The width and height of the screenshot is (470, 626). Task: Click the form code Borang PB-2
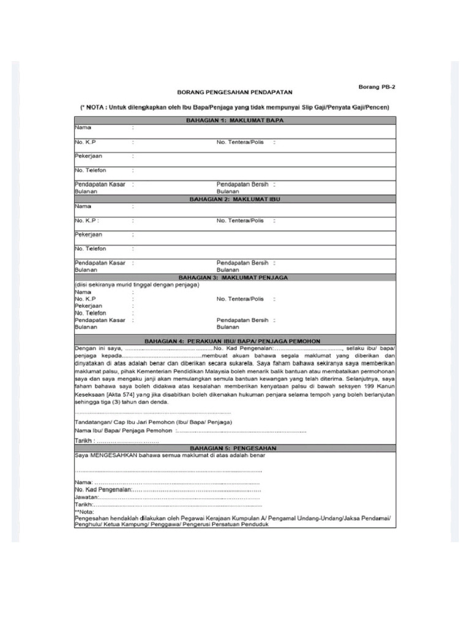(x=376, y=87)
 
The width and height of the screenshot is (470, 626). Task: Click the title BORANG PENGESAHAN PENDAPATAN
(x=235, y=92)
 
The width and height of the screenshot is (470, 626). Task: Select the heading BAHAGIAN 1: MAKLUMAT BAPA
(x=235, y=120)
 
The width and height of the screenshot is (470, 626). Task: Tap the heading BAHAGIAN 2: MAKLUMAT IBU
(x=235, y=199)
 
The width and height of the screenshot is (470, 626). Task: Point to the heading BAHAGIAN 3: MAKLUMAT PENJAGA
(x=235, y=277)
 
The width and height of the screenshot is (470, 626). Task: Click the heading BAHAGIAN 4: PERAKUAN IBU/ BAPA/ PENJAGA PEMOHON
(x=235, y=341)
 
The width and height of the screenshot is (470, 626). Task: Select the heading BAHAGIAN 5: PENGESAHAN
(x=235, y=447)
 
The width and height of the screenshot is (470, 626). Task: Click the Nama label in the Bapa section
(x=83, y=128)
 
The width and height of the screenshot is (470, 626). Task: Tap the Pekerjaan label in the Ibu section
(x=89, y=235)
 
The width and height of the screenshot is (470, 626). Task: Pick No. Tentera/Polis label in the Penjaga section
(x=240, y=299)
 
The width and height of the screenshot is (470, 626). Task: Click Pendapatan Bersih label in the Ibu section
(x=242, y=263)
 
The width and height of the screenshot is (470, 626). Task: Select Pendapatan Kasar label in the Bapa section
(x=100, y=184)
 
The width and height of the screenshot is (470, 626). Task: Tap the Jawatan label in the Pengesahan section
(x=86, y=498)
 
